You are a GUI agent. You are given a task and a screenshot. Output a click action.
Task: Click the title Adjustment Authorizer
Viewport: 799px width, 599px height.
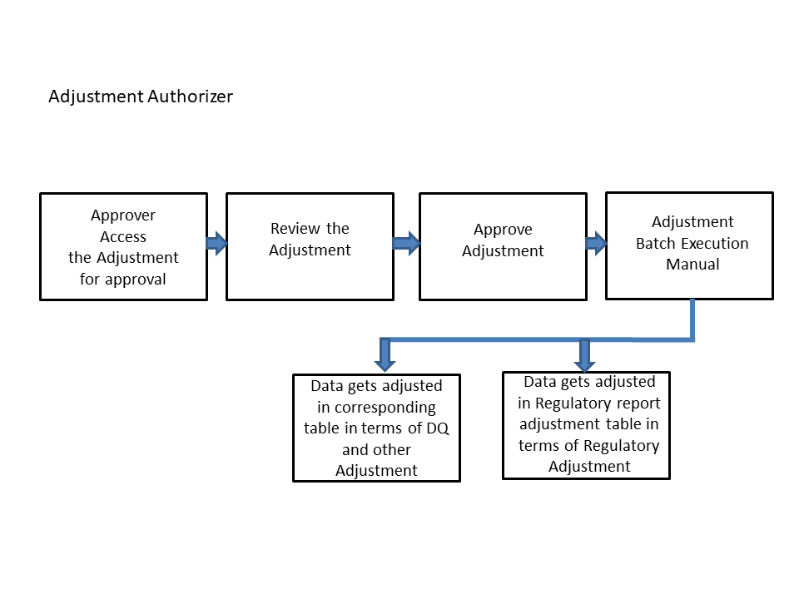pos(141,97)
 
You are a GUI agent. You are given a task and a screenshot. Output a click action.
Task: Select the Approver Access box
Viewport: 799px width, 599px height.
pos(123,246)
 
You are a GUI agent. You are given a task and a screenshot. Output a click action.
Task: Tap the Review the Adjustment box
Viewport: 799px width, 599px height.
pos(310,246)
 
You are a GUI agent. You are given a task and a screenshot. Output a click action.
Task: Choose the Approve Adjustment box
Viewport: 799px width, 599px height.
pos(503,246)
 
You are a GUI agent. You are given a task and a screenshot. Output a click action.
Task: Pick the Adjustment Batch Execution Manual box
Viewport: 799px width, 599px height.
pos(689,245)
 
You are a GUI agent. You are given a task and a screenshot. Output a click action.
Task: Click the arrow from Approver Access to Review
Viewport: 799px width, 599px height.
pos(216,243)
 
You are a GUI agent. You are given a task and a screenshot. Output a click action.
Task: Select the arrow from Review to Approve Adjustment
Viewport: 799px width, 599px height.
pos(406,243)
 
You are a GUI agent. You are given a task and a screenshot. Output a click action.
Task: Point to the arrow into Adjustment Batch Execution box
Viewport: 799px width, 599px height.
pos(596,243)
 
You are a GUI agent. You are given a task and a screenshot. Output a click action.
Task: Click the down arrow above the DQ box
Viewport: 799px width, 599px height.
pos(385,355)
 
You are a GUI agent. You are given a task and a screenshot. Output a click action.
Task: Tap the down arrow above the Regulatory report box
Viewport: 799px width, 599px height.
pos(584,355)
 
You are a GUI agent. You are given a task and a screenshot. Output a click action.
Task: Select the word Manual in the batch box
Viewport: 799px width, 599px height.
pos(692,265)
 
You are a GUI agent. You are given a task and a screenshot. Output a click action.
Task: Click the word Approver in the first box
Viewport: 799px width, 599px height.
pos(123,215)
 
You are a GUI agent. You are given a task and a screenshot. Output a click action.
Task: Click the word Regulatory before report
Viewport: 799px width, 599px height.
pos(572,403)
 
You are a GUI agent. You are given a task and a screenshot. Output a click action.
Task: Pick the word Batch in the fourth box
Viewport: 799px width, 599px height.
pos(656,244)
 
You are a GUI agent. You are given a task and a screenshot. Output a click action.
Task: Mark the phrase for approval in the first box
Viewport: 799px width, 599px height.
pos(123,279)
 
